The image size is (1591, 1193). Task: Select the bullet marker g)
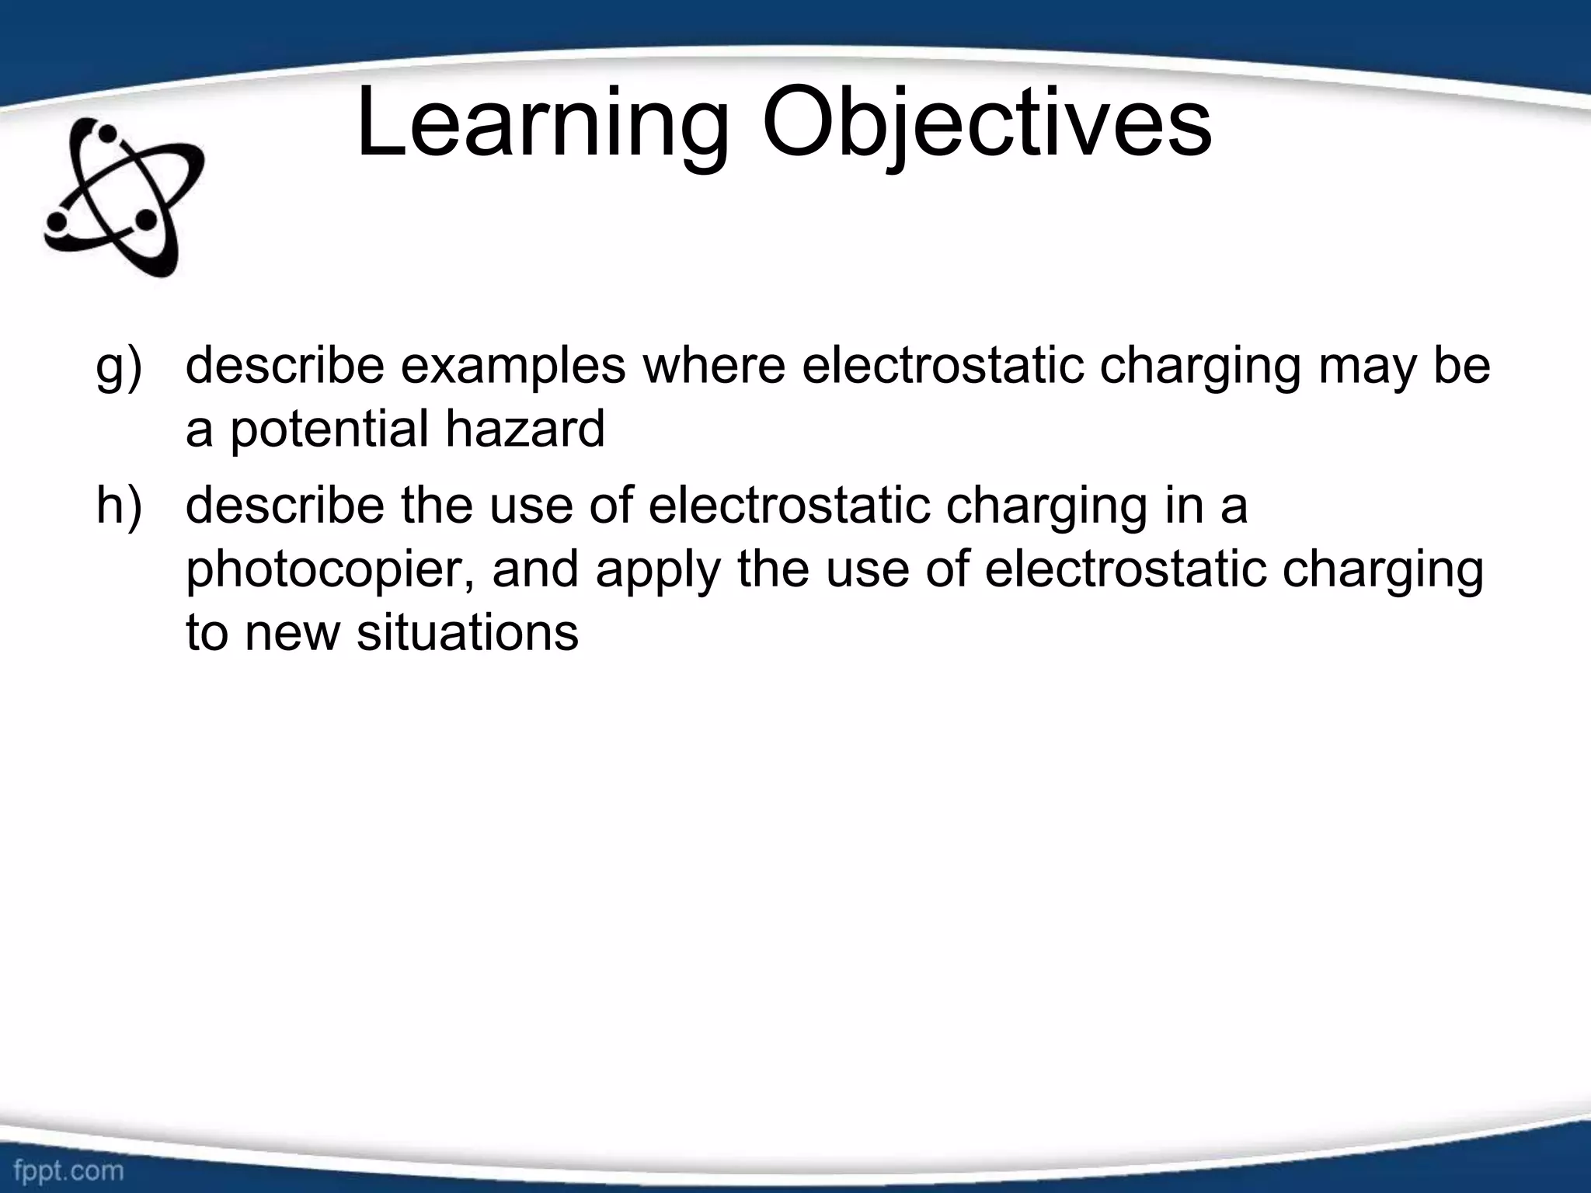coord(119,367)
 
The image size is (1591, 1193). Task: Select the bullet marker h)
coord(119,506)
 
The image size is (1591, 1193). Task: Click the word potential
coord(329,430)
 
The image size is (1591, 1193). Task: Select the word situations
coord(468,632)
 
